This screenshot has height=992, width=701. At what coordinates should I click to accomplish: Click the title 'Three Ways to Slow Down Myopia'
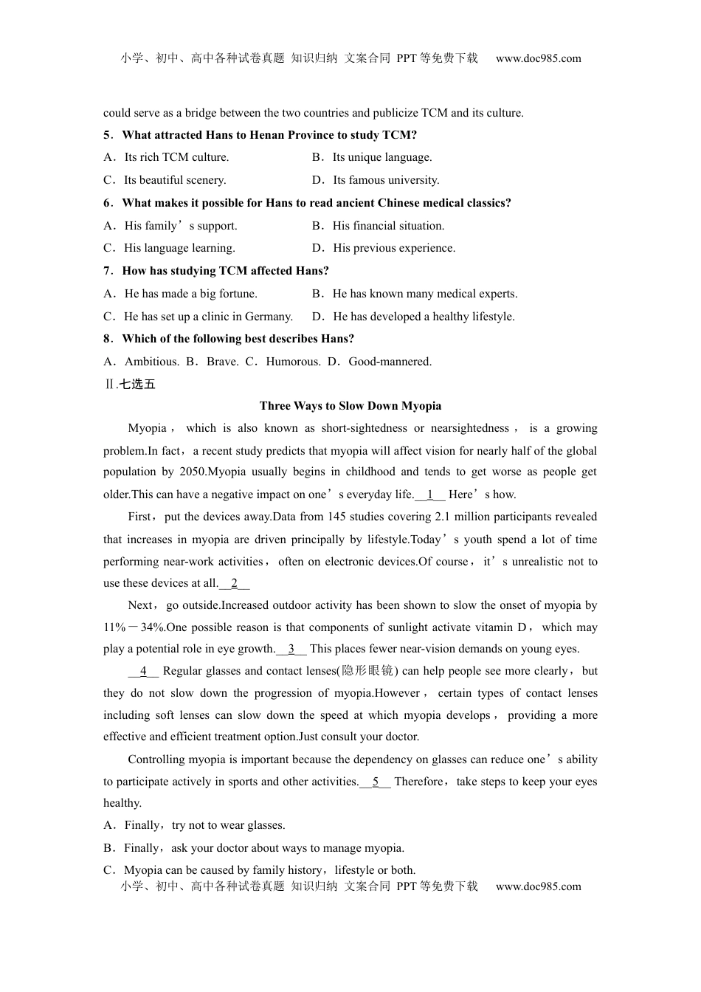point(350,405)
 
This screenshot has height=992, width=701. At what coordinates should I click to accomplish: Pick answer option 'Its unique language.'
point(381,157)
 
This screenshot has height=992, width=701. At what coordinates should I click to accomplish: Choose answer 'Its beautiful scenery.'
point(175,180)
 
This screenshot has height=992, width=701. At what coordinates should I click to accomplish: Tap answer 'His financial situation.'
point(388,226)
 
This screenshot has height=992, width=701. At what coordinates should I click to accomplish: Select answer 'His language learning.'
point(179,248)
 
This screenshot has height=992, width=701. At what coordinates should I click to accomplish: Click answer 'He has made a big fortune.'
point(190,294)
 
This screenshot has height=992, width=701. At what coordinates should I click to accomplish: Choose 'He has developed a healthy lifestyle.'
point(424,317)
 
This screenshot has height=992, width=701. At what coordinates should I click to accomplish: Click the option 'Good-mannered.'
point(390,362)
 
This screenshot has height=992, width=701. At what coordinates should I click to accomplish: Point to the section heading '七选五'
point(137,384)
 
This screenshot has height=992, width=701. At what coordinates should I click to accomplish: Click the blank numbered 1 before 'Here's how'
point(430,495)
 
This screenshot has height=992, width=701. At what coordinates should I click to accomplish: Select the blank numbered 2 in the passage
point(235,583)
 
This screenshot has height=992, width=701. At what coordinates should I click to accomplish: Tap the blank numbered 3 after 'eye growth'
point(291,649)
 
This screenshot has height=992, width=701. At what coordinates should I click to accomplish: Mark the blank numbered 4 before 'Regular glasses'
point(143,671)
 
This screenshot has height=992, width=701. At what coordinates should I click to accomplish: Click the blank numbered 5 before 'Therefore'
point(376,782)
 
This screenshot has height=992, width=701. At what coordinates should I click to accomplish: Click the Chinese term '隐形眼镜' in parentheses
point(367,671)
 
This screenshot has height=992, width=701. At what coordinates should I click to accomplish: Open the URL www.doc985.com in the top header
point(538,58)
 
